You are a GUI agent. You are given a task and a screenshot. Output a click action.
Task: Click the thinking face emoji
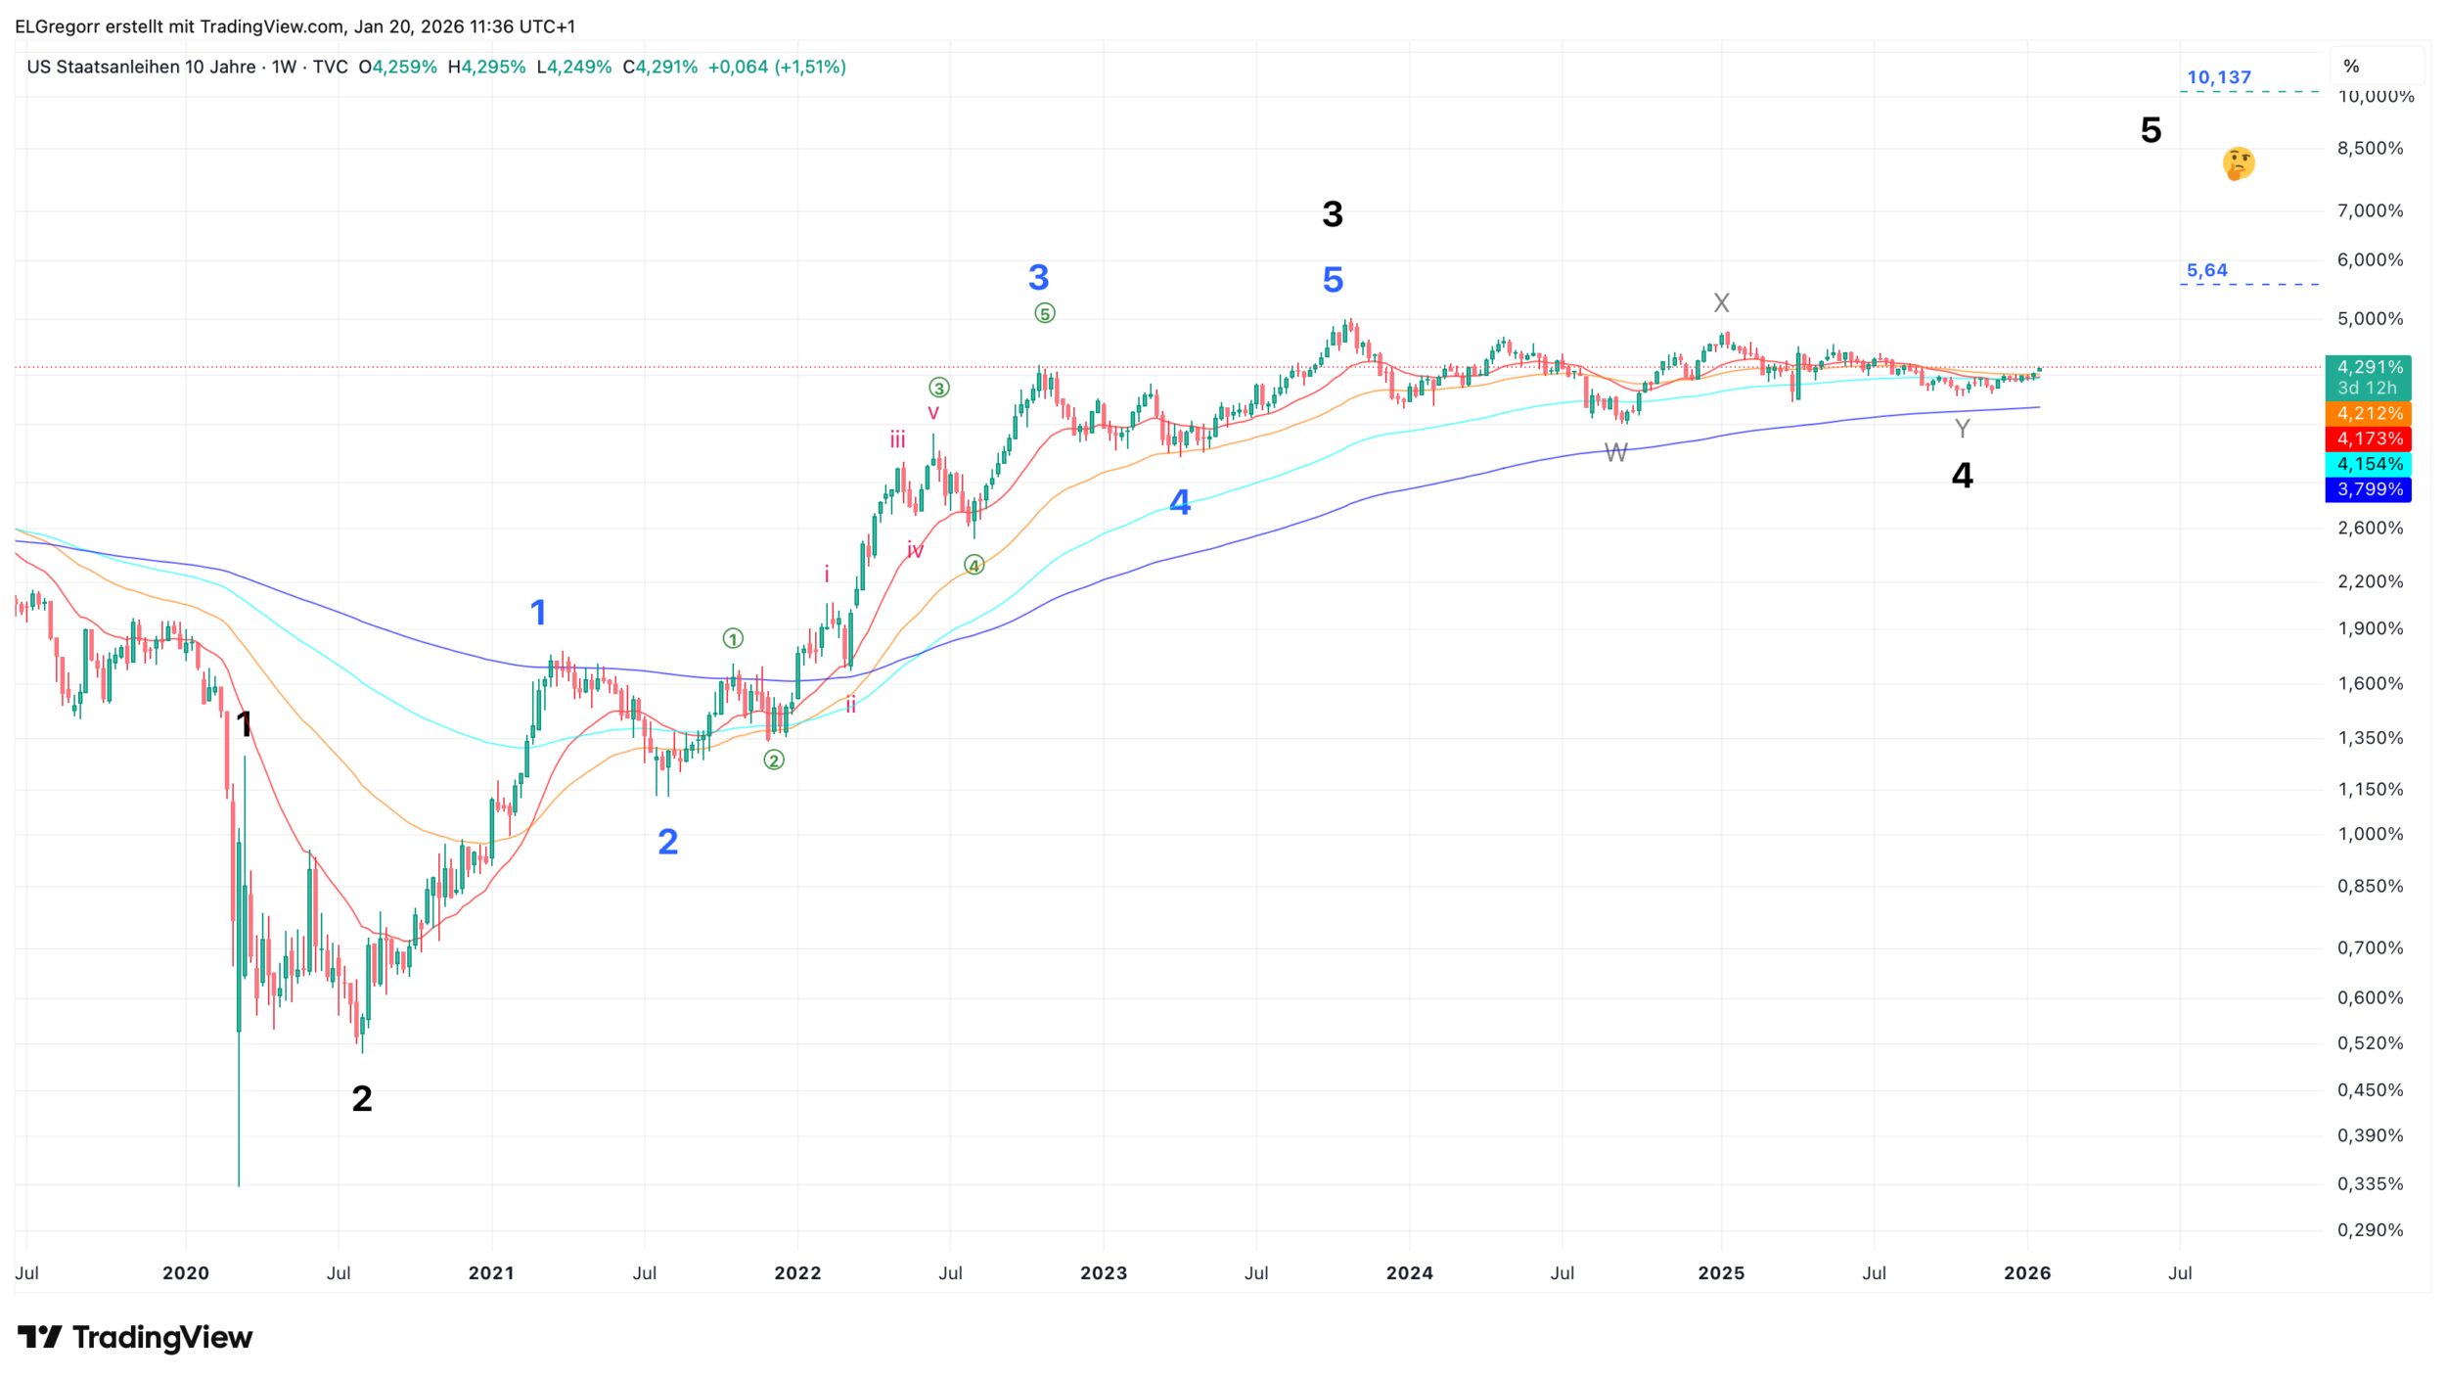tap(2238, 163)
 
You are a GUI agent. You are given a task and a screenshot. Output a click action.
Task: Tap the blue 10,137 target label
tap(2218, 77)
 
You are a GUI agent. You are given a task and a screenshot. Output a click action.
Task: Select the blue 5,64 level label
tap(2206, 270)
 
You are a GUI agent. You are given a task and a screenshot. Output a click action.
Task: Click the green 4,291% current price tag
tap(2369, 368)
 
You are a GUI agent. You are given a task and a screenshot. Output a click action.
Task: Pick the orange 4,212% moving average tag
tap(2369, 414)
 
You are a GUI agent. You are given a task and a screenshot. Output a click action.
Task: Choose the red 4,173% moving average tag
tap(2369, 439)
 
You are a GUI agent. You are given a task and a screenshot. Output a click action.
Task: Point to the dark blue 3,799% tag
tap(2369, 489)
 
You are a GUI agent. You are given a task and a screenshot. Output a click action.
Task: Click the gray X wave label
tap(1721, 303)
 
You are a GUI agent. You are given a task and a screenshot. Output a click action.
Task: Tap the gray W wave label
tap(1615, 453)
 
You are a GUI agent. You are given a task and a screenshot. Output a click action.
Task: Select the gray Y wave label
tap(1962, 429)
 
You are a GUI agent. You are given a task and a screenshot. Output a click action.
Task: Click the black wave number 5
tap(2151, 130)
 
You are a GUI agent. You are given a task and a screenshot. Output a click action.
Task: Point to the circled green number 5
tap(1045, 314)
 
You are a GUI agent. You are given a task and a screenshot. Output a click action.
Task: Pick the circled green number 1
tap(733, 639)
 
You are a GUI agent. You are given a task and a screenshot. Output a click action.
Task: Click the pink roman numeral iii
tap(897, 440)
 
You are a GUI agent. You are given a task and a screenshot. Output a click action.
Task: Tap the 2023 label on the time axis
tap(1103, 1273)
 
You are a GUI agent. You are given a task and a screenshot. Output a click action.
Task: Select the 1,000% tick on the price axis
tap(2369, 835)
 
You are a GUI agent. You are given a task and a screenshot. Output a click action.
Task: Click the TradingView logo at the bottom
tap(135, 1337)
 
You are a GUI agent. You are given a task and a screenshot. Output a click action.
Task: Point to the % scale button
tap(2351, 67)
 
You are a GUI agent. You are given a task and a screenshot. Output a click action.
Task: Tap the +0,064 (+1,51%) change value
tap(777, 67)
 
